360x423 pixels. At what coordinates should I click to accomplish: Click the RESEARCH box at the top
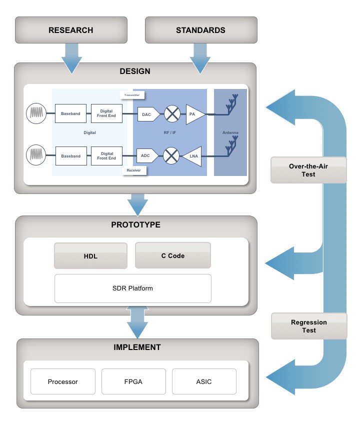70,30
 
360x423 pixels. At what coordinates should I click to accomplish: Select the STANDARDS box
200,30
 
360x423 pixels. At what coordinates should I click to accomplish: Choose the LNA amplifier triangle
191,156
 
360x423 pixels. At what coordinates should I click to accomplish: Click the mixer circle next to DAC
172,114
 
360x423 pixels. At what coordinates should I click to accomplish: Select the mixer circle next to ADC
171,156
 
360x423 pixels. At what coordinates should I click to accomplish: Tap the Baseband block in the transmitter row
70,114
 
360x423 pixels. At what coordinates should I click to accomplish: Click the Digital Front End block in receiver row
106,156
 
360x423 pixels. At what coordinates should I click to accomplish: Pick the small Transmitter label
132,94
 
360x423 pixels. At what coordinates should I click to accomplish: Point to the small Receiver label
132,170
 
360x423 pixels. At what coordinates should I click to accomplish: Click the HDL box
90,256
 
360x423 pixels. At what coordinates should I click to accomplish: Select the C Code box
172,256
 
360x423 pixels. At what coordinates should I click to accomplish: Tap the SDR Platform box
132,288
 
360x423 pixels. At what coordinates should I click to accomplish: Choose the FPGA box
133,382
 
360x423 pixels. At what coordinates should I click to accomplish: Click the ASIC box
203,382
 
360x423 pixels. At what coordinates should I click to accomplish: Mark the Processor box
62,382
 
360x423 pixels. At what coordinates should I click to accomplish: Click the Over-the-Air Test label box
308,170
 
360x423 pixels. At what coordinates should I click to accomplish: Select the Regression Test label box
308,326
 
